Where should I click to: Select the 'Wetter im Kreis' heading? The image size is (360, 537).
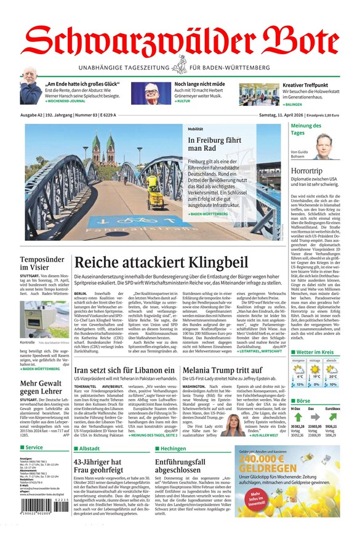coord(315,352)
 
